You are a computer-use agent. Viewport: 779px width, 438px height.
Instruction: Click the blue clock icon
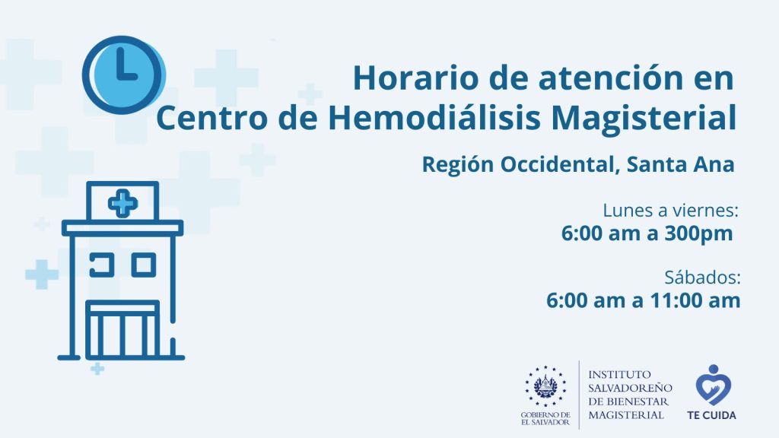124,75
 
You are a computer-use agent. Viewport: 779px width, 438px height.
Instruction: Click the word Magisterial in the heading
643,119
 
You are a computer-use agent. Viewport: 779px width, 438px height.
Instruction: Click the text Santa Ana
680,164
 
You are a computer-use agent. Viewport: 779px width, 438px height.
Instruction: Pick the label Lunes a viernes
670,211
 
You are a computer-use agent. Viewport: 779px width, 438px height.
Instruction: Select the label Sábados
702,278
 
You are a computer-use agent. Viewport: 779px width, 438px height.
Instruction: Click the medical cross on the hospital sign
122,202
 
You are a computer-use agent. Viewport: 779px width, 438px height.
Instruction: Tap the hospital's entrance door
122,330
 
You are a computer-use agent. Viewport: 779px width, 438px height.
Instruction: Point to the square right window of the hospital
144,265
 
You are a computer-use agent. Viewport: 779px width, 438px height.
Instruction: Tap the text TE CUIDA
711,415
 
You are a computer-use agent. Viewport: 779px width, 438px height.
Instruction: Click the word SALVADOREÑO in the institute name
630,388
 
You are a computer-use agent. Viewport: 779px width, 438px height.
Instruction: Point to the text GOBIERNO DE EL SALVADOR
545,418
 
